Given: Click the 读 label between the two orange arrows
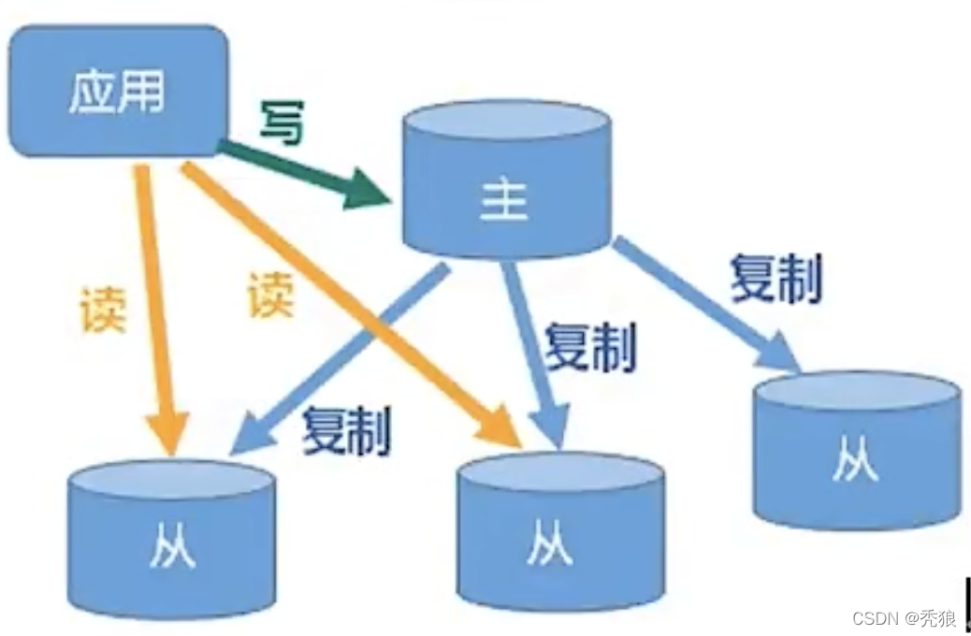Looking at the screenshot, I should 270,295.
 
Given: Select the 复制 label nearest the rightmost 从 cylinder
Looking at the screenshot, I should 776,278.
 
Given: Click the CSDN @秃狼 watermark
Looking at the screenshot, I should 904,617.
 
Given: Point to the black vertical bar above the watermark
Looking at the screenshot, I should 966,604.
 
